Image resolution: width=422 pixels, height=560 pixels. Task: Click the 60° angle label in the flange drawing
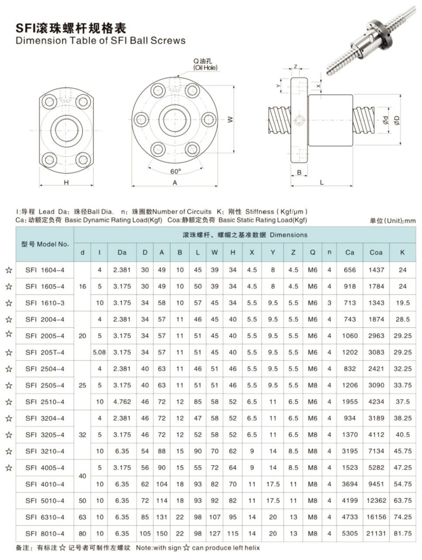[175, 171]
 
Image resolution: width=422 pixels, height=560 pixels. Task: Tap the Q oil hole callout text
[205, 64]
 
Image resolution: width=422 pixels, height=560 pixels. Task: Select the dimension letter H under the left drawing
[66, 182]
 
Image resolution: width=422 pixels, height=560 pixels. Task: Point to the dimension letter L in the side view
[322, 182]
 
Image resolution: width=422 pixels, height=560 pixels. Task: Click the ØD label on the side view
[397, 120]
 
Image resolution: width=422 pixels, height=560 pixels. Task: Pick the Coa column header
[376, 252]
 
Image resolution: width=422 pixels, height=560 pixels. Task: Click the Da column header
[122, 252]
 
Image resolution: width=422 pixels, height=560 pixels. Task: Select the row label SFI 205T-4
[45, 352]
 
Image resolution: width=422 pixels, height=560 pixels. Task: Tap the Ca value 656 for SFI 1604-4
[350, 270]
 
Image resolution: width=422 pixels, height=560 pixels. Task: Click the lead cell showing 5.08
[99, 352]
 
